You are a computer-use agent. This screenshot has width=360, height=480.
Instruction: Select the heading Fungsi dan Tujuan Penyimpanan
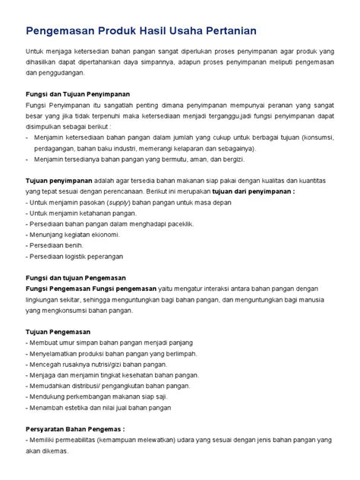tap(78, 93)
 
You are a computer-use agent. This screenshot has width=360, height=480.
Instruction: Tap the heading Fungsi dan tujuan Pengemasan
tap(76, 278)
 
